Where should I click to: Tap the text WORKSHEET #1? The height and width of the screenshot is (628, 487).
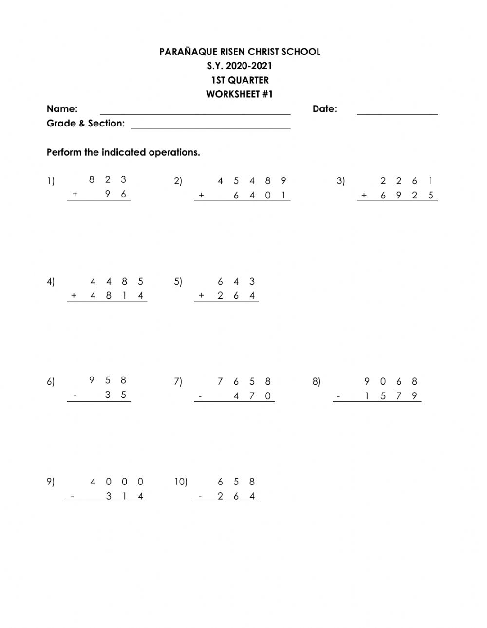click(x=240, y=94)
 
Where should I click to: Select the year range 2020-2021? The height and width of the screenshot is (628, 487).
click(x=250, y=66)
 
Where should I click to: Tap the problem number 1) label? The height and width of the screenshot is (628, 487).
click(x=51, y=181)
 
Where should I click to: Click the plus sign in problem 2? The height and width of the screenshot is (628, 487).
click(x=201, y=196)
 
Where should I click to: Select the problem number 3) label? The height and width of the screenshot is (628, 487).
click(x=340, y=181)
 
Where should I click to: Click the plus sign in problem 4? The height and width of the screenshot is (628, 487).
click(x=74, y=295)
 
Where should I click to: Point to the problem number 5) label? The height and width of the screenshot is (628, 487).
click(x=178, y=282)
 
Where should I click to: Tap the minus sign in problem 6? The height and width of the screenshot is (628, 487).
click(x=75, y=395)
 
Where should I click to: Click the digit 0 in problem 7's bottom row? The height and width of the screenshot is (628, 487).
click(x=267, y=396)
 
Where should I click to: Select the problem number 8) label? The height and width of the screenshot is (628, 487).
click(x=317, y=382)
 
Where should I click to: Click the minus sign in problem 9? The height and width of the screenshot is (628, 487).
click(x=73, y=497)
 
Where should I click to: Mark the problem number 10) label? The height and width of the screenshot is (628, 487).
click(x=181, y=482)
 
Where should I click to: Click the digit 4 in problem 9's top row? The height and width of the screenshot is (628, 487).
click(x=93, y=482)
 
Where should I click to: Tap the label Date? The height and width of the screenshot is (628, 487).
click(x=325, y=109)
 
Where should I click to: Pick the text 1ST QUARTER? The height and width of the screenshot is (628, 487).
click(x=240, y=80)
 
